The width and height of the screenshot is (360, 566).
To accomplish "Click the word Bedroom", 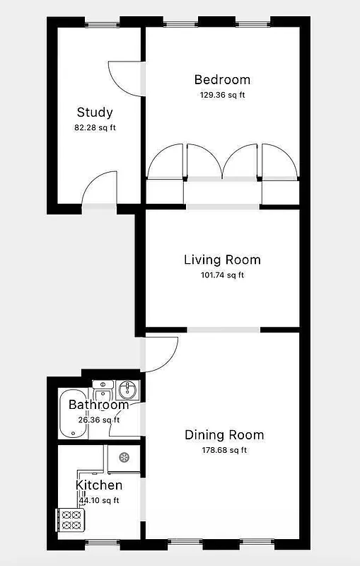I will tap(222, 79).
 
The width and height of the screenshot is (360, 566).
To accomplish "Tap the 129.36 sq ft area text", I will tap(222, 95).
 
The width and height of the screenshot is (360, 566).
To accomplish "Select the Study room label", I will tap(95, 112).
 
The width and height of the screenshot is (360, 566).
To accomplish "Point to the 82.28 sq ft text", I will tap(95, 128).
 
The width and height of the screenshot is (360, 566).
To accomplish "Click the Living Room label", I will tap(222, 260).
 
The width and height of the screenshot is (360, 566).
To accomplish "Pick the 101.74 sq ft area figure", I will tap(222, 275).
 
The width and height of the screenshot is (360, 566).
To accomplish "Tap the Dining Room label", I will tap(224, 434).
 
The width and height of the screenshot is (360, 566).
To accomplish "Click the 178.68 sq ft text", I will tap(224, 450).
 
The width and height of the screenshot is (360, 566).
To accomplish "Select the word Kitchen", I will tap(99, 485).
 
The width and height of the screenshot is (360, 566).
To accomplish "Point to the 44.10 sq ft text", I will tap(99, 500).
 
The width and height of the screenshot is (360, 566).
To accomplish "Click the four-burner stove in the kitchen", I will tap(71, 520).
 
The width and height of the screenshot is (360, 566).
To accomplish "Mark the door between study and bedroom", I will tap(127, 78).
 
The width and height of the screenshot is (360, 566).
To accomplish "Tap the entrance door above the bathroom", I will tap(160, 354).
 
